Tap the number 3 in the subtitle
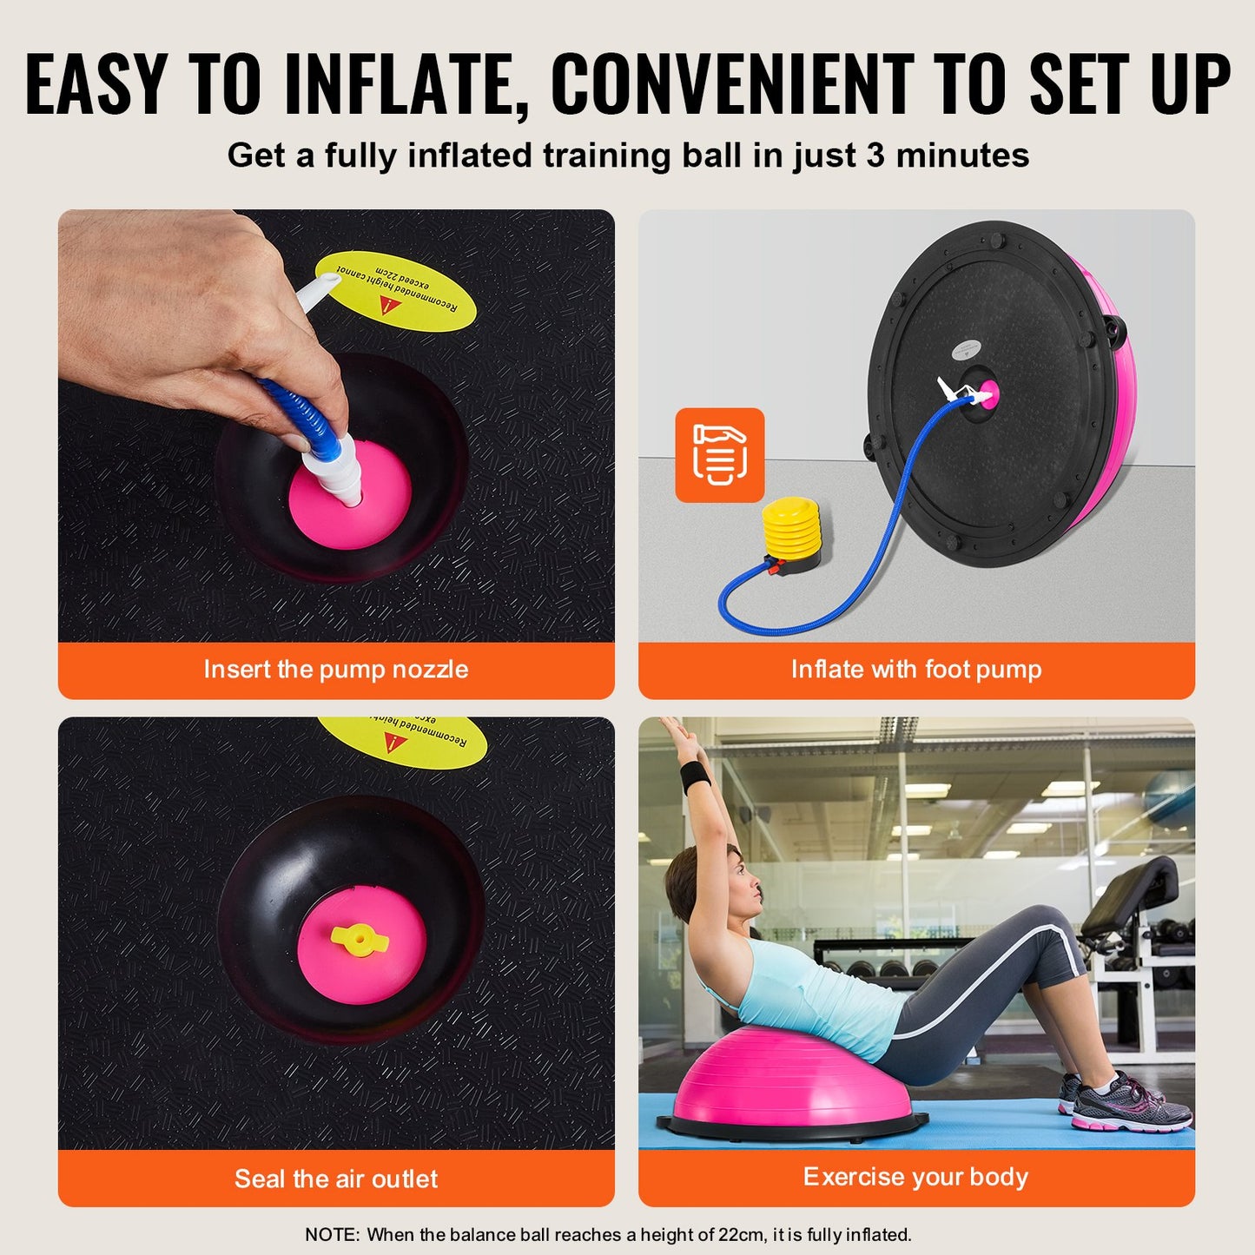pyautogui.click(x=875, y=156)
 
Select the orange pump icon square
pyautogui.click(x=720, y=455)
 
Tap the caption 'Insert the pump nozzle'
pyautogui.click(x=336, y=670)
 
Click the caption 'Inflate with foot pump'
pyautogui.click(x=916, y=670)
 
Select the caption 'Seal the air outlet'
pyautogui.click(x=336, y=1179)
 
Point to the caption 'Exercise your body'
pyautogui.click(x=916, y=1177)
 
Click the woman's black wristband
pyautogui.click(x=696, y=776)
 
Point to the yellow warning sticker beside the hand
pyautogui.click(x=395, y=290)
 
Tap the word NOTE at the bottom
pyautogui.click(x=330, y=1234)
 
